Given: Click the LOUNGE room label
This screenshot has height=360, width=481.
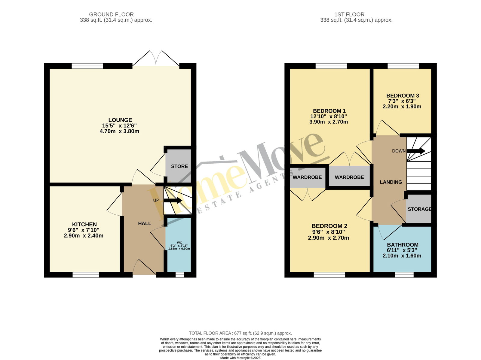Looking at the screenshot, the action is pyautogui.click(x=120, y=120).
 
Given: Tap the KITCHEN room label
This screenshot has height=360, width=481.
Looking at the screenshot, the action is pyautogui.click(x=84, y=224).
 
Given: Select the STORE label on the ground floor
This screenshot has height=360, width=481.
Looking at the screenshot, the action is pyautogui.click(x=179, y=166).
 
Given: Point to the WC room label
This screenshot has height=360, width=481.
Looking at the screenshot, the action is pyautogui.click(x=179, y=243).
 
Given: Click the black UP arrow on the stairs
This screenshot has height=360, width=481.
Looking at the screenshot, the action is pyautogui.click(x=173, y=201).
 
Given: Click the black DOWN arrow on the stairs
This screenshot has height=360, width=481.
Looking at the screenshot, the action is pyautogui.click(x=416, y=151).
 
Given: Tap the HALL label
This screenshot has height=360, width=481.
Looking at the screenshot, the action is pyautogui.click(x=144, y=223).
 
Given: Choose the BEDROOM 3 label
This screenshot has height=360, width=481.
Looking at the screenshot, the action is pyautogui.click(x=403, y=96).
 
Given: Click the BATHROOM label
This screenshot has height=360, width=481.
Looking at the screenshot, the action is pyautogui.click(x=403, y=245).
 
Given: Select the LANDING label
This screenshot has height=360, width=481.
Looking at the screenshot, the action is pyautogui.click(x=391, y=182).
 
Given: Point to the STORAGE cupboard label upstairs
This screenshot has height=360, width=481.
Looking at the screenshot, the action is pyautogui.click(x=419, y=209).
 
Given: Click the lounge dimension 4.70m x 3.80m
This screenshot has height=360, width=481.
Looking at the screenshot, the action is pyautogui.click(x=119, y=131).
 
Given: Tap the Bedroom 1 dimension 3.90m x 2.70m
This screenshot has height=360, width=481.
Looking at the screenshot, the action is pyautogui.click(x=329, y=122).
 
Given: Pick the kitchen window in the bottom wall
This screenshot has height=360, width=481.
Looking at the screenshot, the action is pyautogui.click(x=86, y=275).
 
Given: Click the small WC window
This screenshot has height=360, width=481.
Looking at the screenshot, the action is pyautogui.click(x=180, y=275).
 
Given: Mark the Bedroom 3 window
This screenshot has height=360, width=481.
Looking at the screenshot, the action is pyautogui.click(x=403, y=66).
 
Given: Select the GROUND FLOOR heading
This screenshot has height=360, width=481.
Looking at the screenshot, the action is pyautogui.click(x=111, y=14).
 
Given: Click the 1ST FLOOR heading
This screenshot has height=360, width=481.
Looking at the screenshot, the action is pyautogui.click(x=349, y=14).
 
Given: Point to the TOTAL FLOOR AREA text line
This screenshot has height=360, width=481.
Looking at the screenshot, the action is pyautogui.click(x=240, y=333).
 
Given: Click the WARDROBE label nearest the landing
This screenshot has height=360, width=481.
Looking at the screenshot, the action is pyautogui.click(x=349, y=177).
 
